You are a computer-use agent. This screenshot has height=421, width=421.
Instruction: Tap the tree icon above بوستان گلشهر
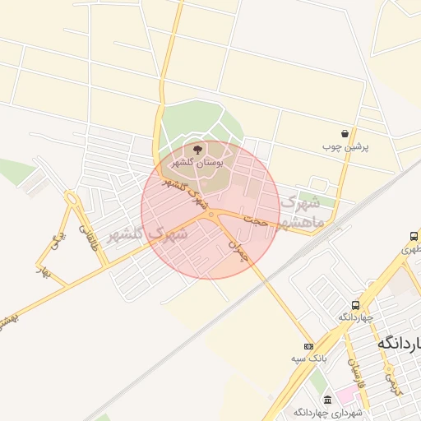[x=197, y=149]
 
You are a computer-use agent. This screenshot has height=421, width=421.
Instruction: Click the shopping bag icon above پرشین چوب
[x=345, y=133]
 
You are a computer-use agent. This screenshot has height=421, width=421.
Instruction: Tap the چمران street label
[x=238, y=249]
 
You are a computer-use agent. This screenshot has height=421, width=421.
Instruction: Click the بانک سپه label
[x=311, y=358]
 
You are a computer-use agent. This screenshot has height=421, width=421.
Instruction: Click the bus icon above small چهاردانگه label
[x=355, y=303]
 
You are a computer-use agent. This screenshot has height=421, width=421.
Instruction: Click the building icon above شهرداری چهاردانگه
[x=327, y=399]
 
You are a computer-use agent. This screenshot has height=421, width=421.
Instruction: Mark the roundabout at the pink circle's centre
[x=212, y=215]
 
